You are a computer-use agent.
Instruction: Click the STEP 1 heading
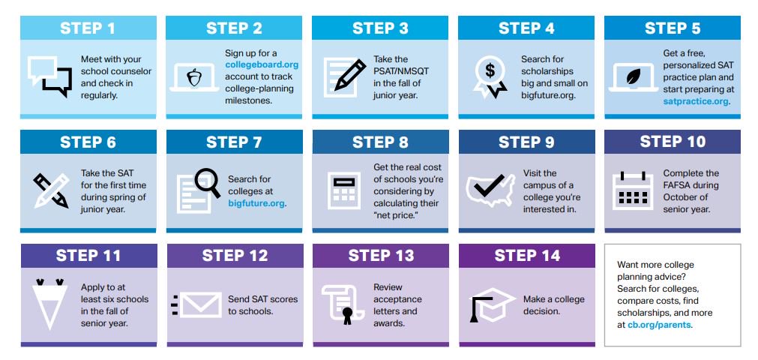tap(88, 28)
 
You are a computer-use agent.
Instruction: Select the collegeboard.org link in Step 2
tap(262, 64)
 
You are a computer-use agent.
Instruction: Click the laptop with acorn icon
tap(194, 76)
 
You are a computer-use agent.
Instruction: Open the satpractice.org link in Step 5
tap(696, 100)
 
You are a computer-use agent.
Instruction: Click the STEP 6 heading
tap(88, 142)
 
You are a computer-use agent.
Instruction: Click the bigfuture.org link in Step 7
tap(256, 203)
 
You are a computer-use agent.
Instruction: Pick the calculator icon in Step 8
tap(344, 190)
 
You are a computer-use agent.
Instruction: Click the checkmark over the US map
tap(490, 188)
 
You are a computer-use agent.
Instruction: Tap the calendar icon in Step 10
tap(634, 190)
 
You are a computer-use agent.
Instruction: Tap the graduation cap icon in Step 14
tap(489, 304)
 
